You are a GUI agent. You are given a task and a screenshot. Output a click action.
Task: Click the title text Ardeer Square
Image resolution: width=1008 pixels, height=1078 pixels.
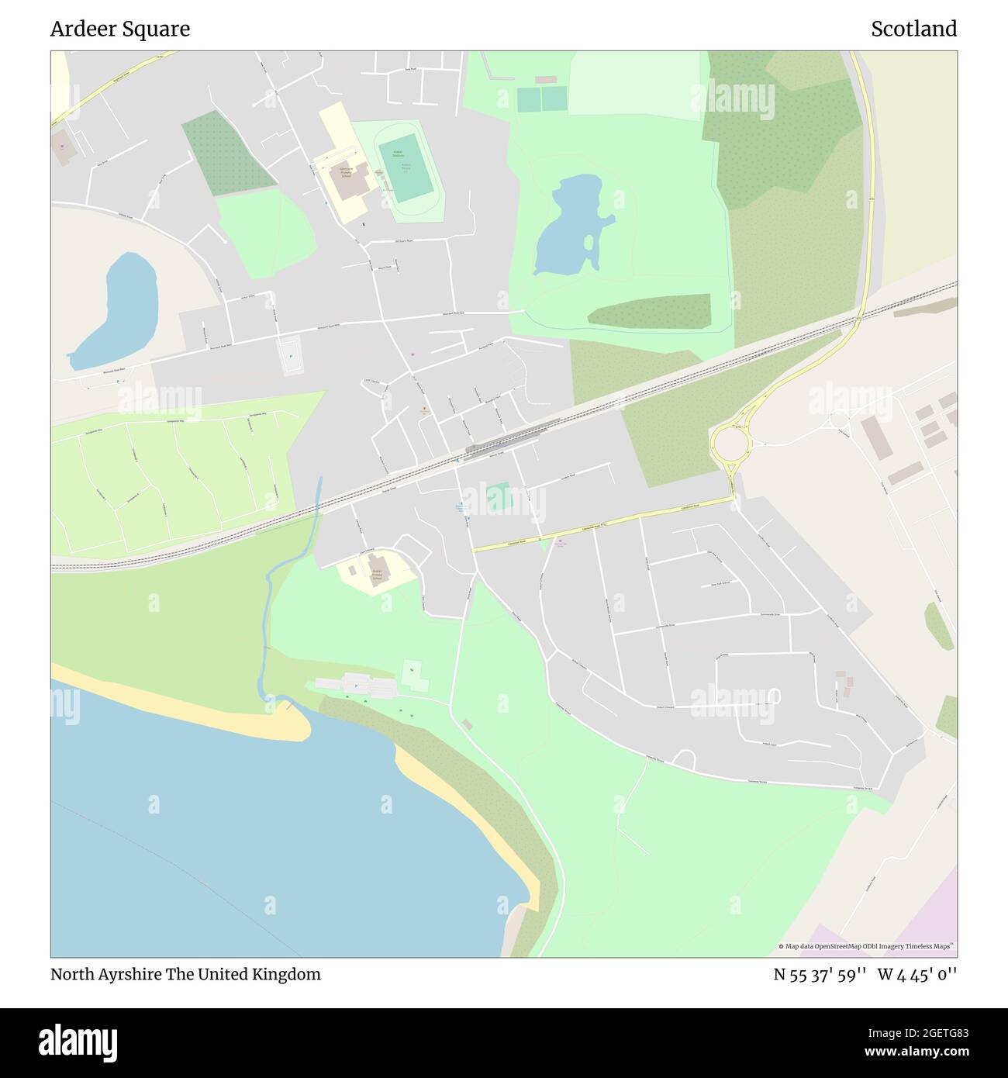click(x=120, y=29)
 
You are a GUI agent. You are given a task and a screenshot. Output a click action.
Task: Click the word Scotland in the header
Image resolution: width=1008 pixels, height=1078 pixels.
click(x=913, y=29)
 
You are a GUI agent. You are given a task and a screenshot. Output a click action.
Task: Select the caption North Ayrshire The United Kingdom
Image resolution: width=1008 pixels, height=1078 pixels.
click(x=185, y=975)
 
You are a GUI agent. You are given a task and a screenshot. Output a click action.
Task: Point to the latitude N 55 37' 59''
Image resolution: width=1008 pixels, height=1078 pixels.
click(x=820, y=975)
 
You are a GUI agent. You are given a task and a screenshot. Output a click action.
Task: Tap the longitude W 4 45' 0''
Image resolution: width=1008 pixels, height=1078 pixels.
click(x=917, y=975)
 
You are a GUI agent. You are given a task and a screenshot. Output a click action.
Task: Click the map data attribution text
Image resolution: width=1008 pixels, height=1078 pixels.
click(x=867, y=946)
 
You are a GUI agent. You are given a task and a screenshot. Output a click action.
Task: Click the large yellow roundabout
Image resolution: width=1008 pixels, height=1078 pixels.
click(x=730, y=445)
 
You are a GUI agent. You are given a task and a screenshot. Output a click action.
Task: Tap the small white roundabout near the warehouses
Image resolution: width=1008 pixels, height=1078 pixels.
click(x=840, y=421)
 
